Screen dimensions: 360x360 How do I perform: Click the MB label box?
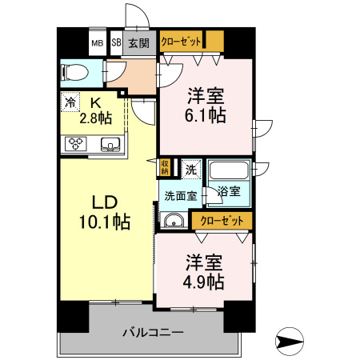[x=97, y=43]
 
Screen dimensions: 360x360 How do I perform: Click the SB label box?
[x=115, y=43]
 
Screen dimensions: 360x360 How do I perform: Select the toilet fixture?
[x=74, y=73]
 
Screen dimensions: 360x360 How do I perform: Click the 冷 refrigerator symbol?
[x=70, y=102]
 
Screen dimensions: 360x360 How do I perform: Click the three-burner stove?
[x=78, y=144]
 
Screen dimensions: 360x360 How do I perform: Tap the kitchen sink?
[x=110, y=144]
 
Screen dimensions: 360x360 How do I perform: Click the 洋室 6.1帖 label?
[x=206, y=105]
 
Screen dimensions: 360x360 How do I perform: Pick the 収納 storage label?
[x=165, y=167]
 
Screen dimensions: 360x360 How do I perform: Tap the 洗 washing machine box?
[x=190, y=169]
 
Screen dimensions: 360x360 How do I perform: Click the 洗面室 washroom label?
[x=179, y=194]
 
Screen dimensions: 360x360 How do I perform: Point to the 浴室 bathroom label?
[x=228, y=190]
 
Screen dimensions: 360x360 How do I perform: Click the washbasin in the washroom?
[x=173, y=220]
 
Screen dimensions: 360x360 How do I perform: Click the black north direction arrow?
[x=290, y=342]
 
